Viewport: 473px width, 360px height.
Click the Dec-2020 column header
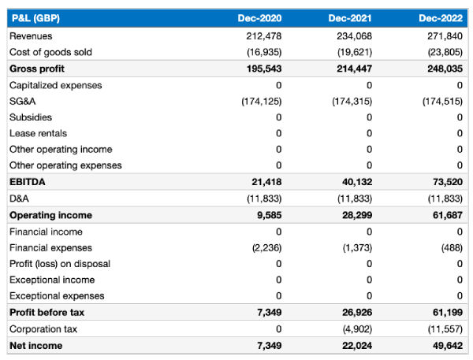tap(259, 18)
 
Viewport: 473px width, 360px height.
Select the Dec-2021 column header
tap(350, 18)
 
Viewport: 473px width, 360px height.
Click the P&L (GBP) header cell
tap(35, 18)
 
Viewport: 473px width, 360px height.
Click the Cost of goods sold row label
tap(50, 52)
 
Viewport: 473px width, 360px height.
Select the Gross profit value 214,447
tap(353, 69)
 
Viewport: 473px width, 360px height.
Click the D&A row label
tap(19, 199)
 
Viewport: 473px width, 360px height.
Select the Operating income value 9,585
tap(269, 215)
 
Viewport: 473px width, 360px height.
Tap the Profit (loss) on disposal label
tap(59, 264)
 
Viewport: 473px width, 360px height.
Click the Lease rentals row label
tap(38, 134)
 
